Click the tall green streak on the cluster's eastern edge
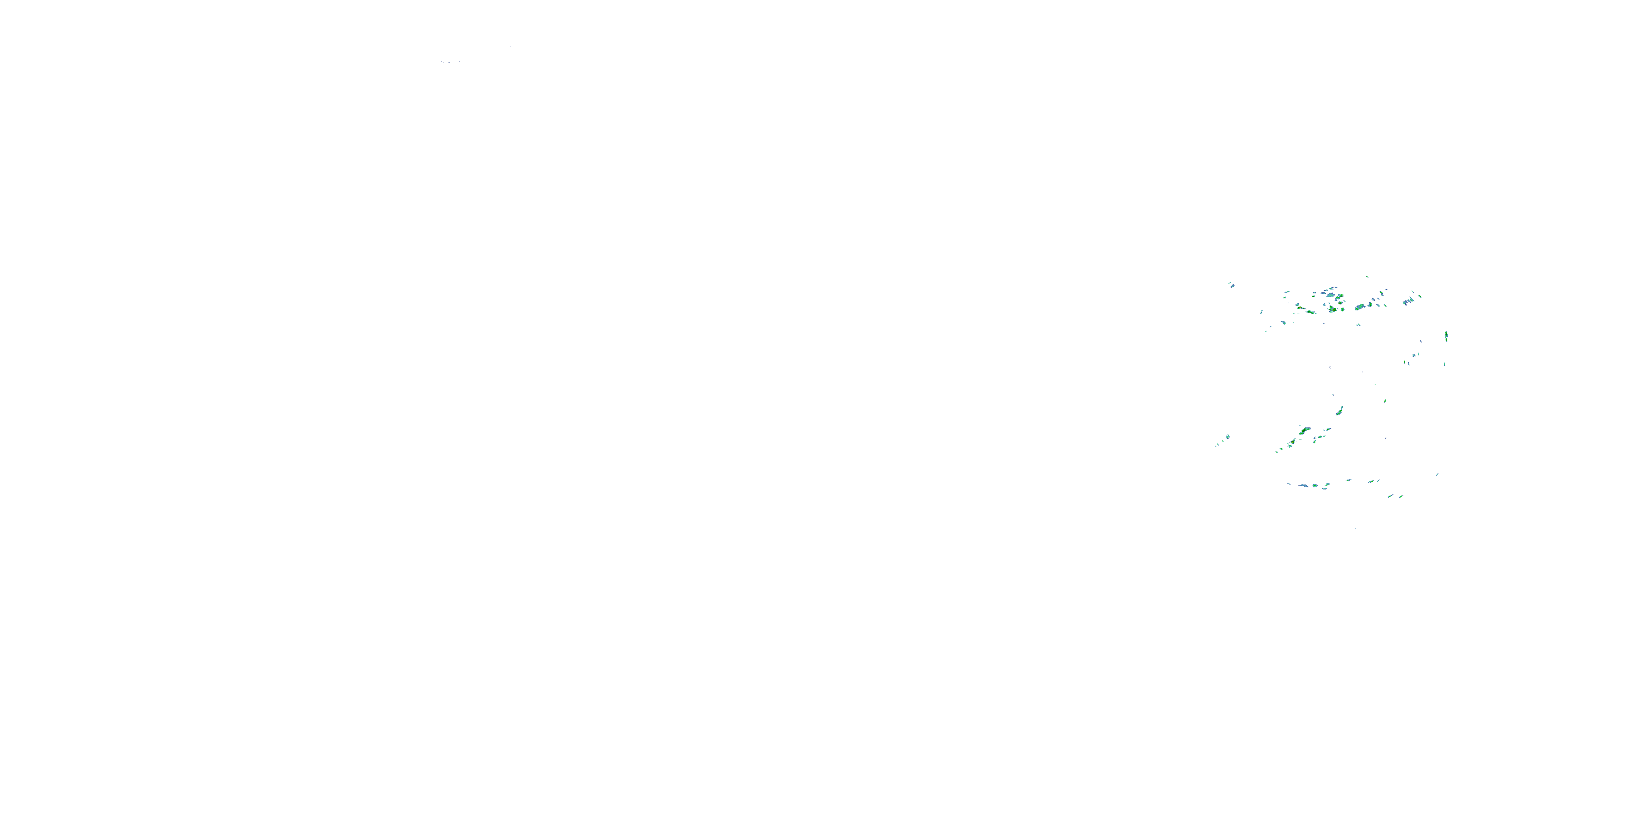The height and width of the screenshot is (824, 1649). click(x=1446, y=337)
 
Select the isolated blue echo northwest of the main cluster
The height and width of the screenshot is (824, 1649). click(x=1231, y=285)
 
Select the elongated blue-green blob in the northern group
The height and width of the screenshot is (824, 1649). click(x=1359, y=307)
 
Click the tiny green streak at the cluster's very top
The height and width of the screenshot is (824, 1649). click(x=1366, y=276)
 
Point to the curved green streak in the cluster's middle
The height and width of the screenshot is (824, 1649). click(x=1339, y=410)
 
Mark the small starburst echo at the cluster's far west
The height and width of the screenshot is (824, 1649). click(x=1227, y=437)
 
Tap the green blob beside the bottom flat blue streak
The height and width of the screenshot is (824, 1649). click(x=1315, y=486)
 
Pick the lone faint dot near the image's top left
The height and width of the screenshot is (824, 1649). click(x=511, y=47)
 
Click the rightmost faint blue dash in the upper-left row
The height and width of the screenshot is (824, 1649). click(x=459, y=63)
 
